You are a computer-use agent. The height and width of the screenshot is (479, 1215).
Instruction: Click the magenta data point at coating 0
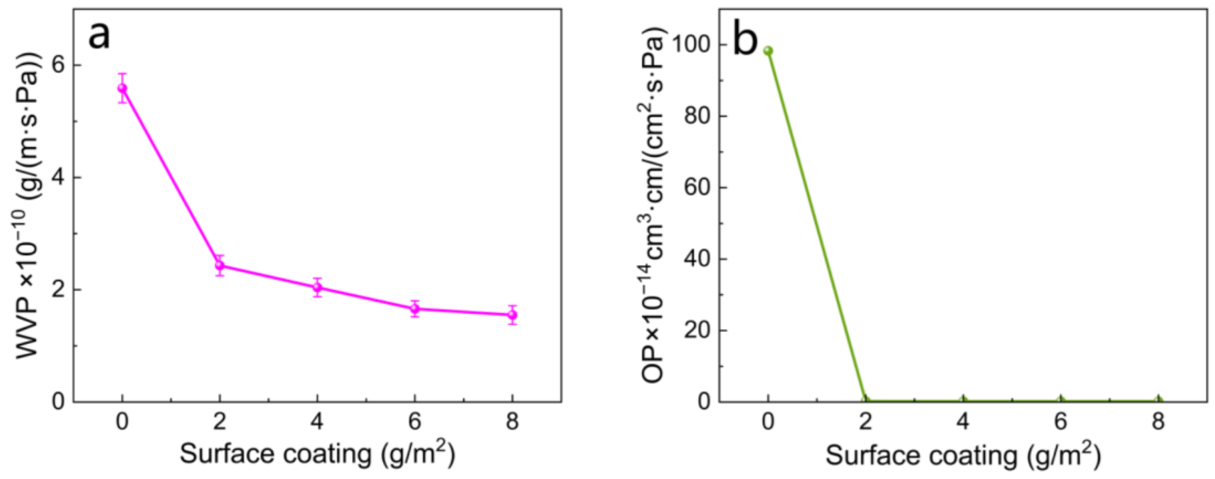(x=122, y=88)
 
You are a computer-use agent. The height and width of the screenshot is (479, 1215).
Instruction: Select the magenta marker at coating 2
(x=220, y=265)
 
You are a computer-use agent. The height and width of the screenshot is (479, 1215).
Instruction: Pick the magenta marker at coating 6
(x=415, y=309)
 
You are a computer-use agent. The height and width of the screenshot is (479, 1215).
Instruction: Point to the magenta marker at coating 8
(x=512, y=314)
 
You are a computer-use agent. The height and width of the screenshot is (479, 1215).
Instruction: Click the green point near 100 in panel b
(x=768, y=51)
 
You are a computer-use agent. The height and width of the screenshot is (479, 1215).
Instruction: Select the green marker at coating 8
(x=1158, y=401)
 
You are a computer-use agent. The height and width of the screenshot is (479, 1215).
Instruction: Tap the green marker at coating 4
(x=963, y=401)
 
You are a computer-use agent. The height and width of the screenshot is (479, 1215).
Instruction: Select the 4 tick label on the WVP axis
(x=59, y=178)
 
